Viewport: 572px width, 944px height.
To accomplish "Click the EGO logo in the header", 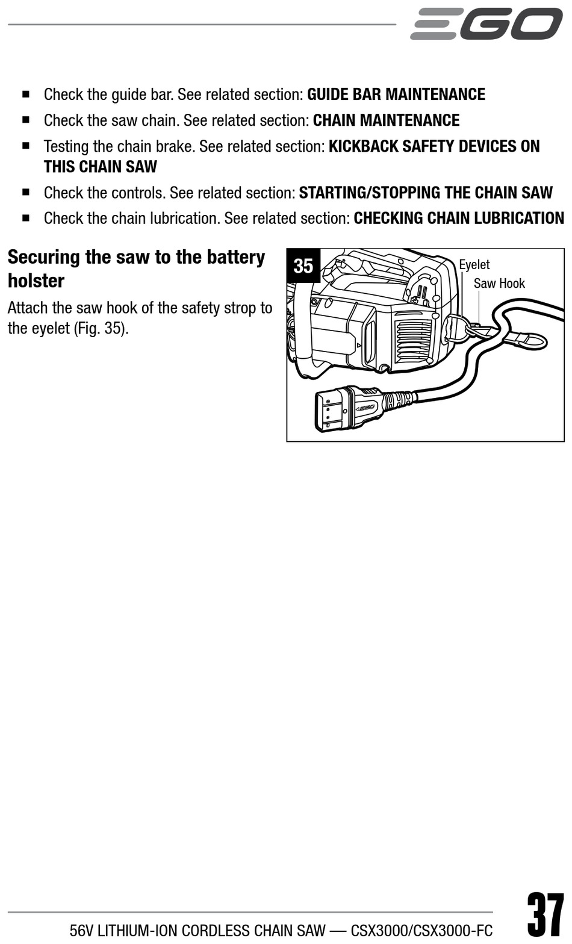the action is coord(487,24).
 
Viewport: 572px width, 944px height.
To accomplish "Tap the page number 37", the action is coord(546,916).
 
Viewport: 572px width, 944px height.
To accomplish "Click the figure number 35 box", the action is coord(303,265).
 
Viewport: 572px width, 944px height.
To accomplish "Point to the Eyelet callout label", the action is coord(474,265).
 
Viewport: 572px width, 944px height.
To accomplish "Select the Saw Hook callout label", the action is coord(499,284).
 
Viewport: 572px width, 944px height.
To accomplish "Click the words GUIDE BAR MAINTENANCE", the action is coord(396,95).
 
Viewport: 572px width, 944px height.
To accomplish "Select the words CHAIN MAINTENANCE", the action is coord(386,120).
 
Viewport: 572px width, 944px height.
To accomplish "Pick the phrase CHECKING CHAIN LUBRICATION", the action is coord(459,218).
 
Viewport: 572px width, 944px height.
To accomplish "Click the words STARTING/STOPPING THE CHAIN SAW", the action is coord(426,193).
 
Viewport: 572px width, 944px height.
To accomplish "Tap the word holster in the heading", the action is coord(36,281).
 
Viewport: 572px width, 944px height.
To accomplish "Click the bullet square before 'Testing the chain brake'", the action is coord(26,146).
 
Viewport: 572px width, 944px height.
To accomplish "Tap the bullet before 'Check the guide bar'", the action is coord(26,94).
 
